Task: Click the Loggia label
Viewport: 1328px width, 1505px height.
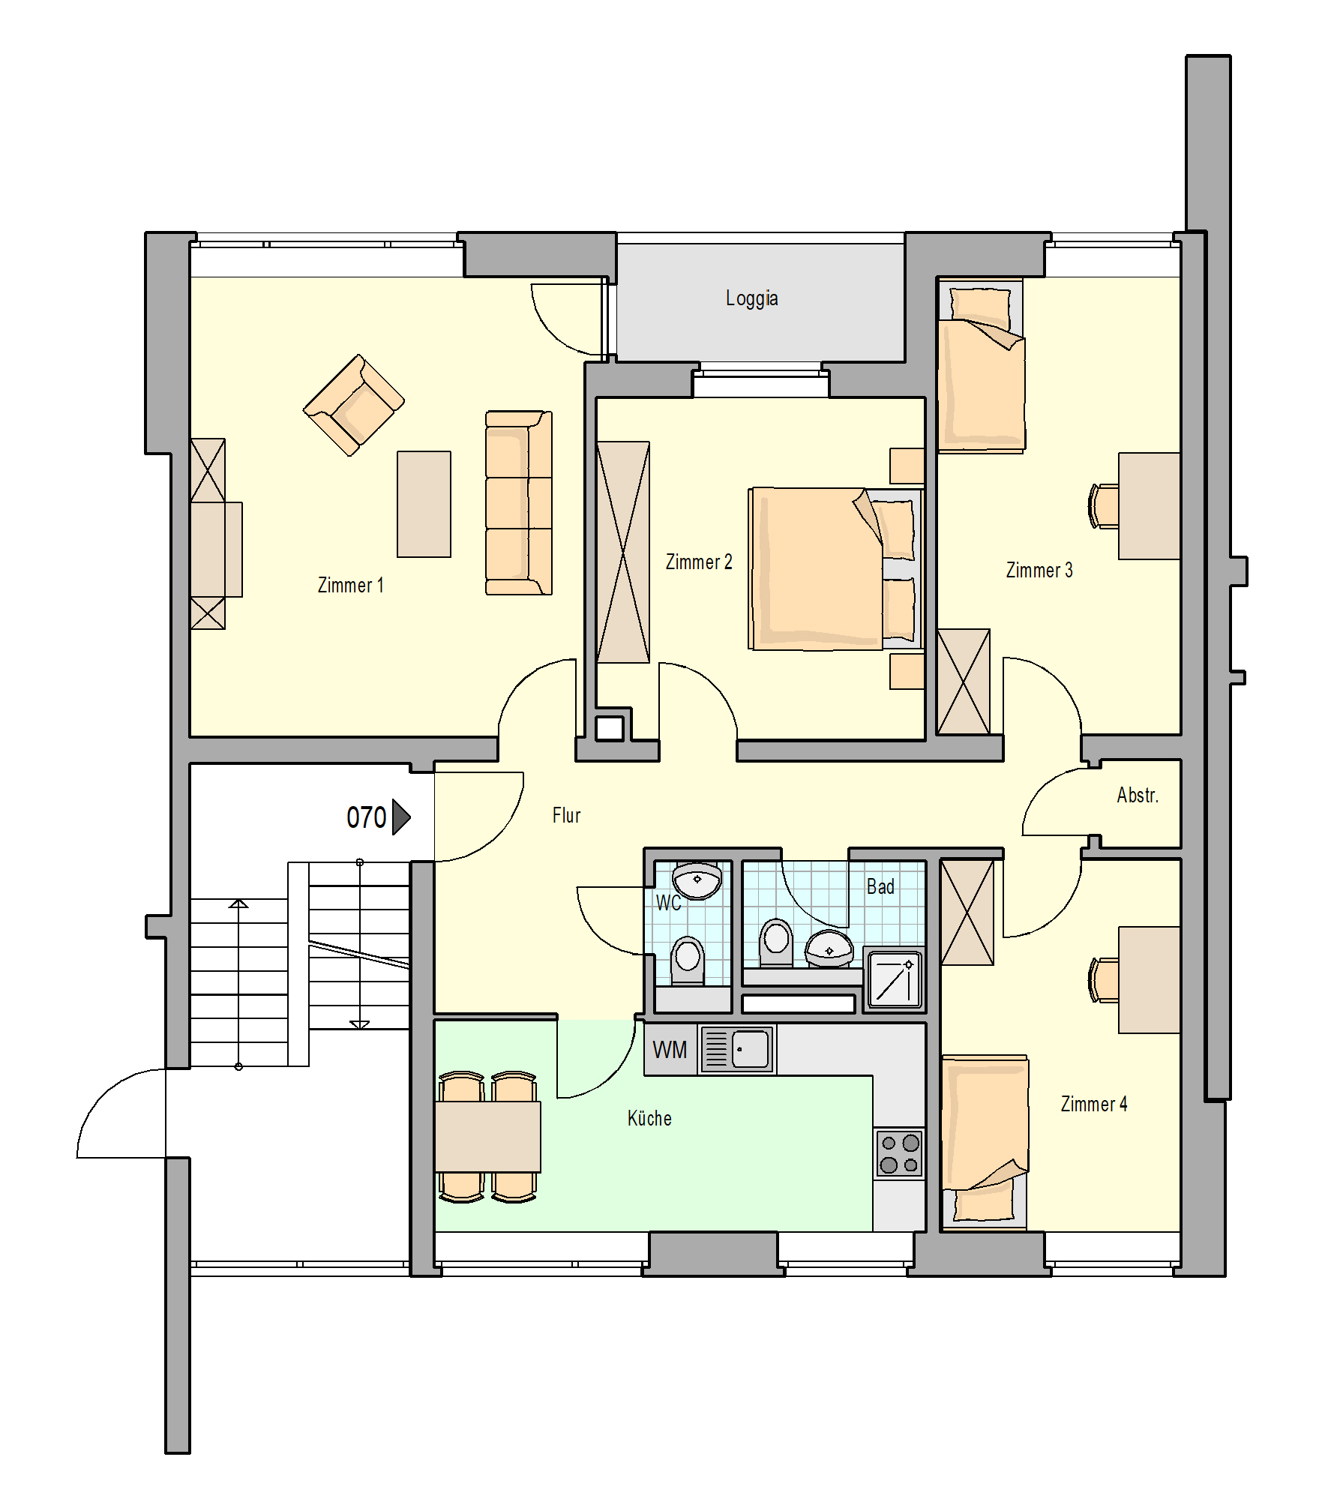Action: click(751, 298)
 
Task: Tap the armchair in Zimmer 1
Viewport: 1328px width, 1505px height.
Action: click(354, 405)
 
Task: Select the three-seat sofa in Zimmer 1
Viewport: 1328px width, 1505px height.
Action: click(519, 502)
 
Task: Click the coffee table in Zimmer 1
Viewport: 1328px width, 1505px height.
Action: click(424, 504)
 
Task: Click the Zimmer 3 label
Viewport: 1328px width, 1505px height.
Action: click(1039, 570)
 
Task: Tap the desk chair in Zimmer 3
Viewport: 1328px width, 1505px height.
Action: click(1103, 506)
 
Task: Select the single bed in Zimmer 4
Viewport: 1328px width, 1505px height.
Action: click(985, 1142)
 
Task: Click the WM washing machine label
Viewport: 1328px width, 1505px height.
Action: click(670, 1050)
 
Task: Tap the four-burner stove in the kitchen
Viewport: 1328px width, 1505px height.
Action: click(899, 1153)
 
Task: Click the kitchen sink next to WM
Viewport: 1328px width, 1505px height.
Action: click(737, 1049)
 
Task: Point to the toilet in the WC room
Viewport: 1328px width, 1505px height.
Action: click(688, 961)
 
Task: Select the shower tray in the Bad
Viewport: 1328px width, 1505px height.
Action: click(895, 979)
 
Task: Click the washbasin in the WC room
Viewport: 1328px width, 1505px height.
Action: click(697, 880)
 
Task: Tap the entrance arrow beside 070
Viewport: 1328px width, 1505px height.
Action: click(402, 817)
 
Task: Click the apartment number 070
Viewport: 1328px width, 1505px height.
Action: click(366, 817)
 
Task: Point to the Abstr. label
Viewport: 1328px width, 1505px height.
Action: click(1138, 795)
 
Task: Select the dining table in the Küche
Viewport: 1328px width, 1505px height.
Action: click(487, 1136)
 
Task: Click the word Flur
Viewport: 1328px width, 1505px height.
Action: click(566, 815)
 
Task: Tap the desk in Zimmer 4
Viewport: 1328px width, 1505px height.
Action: click(1150, 979)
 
